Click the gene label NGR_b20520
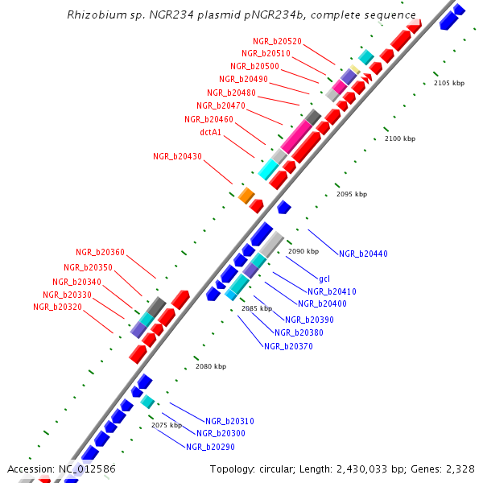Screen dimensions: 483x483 pos(277,41)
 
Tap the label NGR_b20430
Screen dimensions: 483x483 pos(177,156)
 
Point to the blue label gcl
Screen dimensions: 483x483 pos(324,279)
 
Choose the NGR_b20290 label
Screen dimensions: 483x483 pos(210,446)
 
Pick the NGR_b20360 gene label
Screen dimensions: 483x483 pos(100,252)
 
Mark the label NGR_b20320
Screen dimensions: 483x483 pos(57,307)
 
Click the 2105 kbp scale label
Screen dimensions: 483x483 pos(449,83)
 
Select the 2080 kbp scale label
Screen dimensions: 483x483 pos(211,366)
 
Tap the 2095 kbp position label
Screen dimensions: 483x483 pos(351,194)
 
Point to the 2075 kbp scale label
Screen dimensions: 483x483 pos(167,424)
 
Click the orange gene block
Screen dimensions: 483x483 pos(246,195)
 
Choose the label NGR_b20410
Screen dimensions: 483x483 pos(332,291)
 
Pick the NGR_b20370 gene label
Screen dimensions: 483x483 pos(288,346)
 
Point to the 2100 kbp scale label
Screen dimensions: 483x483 pos(399,139)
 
